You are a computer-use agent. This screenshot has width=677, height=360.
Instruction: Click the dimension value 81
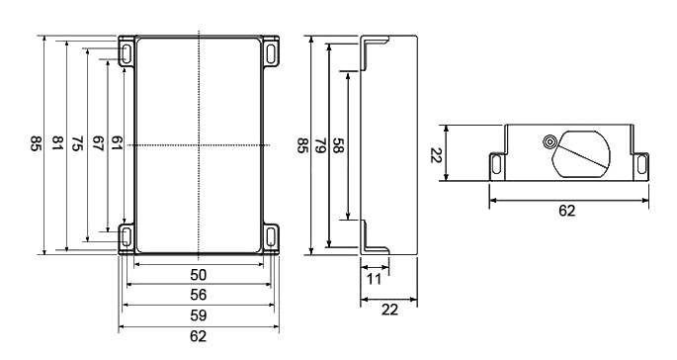pyautogui.click(x=57, y=143)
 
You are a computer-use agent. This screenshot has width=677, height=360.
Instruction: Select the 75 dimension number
pyautogui.click(x=78, y=143)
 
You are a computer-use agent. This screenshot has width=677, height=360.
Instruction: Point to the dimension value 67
pyautogui.click(x=98, y=143)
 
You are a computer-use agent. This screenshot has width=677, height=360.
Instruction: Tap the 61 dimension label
pyautogui.click(x=118, y=143)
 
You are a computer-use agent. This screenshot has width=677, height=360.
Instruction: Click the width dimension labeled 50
pyautogui.click(x=199, y=275)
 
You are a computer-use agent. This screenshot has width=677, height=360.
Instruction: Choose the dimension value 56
pyautogui.click(x=199, y=295)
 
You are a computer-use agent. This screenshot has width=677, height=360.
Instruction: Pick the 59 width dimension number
pyautogui.click(x=199, y=315)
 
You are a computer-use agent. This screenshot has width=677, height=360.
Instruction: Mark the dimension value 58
pyautogui.click(x=338, y=145)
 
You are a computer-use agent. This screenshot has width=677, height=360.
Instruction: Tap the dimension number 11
pyautogui.click(x=374, y=279)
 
